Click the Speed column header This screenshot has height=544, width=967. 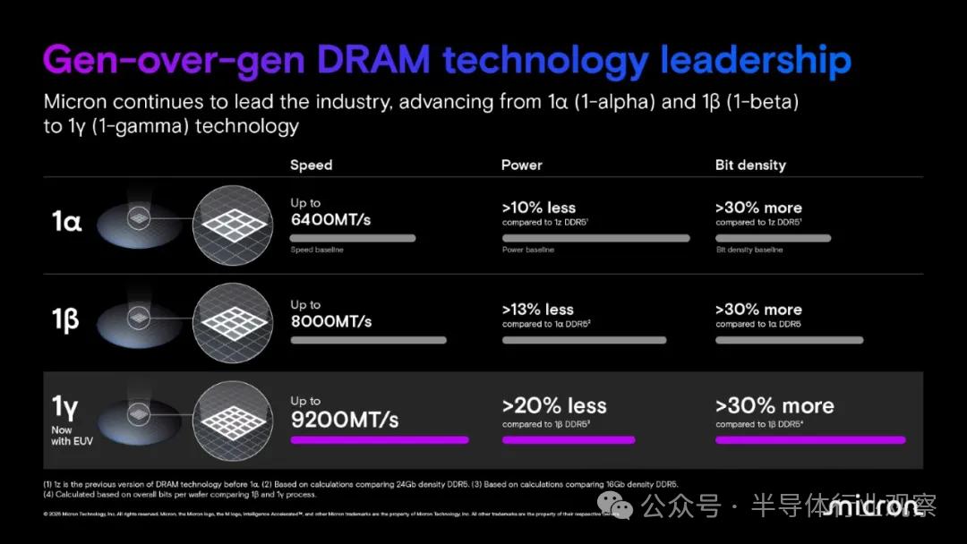tap(311, 165)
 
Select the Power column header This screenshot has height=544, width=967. tap(522, 165)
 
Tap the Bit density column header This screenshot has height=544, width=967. tap(750, 165)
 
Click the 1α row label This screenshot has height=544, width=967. tap(66, 222)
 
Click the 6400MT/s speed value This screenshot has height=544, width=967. tap(330, 220)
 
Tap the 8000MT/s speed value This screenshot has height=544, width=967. tap(330, 321)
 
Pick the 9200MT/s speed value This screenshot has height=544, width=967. tap(345, 419)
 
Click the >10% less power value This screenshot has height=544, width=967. tap(539, 208)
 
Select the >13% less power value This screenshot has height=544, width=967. tap(538, 310)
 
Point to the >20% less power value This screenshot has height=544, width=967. tap(554, 406)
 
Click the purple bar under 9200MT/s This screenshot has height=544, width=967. tap(379, 440)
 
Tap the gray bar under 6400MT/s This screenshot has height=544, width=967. tap(353, 238)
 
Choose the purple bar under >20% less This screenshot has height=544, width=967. tap(569, 440)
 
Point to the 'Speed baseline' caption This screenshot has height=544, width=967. tap(317, 251)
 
